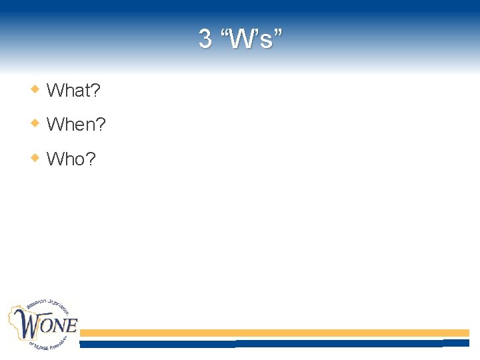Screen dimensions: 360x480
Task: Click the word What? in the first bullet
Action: [73, 90]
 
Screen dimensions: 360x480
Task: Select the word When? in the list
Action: [76, 125]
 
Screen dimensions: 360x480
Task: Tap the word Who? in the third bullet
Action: [71, 159]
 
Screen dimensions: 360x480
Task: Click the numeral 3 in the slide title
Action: [205, 39]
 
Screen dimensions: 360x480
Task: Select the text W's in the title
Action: [251, 39]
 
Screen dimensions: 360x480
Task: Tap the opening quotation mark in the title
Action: [225, 33]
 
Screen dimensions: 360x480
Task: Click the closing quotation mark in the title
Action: [277, 33]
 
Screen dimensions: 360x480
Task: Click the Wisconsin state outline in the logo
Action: [20, 320]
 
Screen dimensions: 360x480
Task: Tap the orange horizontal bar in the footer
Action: [273, 333]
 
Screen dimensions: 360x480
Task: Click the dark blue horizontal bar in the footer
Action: [273, 344]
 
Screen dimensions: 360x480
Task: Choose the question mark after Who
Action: [91, 159]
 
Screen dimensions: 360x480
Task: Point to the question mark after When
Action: [101, 125]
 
